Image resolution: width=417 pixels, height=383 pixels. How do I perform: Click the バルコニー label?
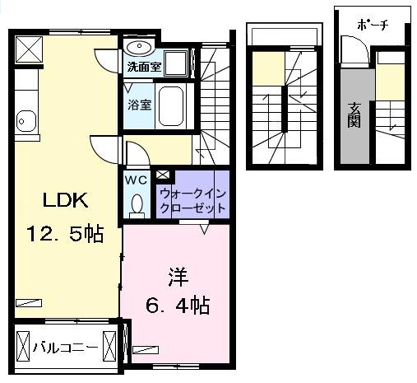[x=66, y=347]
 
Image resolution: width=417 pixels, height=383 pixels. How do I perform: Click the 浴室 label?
[x=138, y=105]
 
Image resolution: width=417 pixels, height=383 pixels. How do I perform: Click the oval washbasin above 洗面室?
[x=138, y=46]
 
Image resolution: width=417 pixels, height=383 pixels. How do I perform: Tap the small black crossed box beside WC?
[x=162, y=175]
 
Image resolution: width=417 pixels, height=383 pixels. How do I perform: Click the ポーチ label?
[x=373, y=25]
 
